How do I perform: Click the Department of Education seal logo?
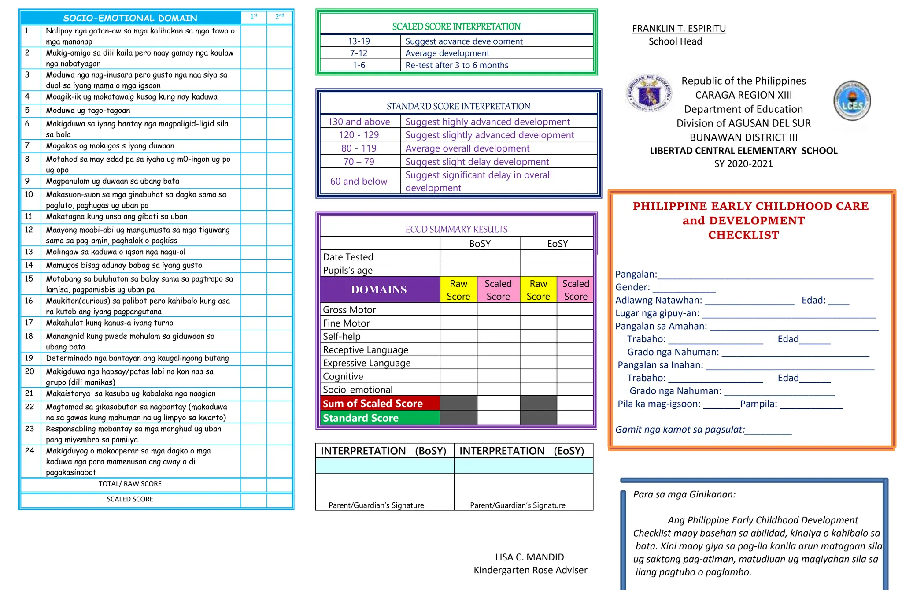[649, 93]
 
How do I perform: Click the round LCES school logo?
[852, 101]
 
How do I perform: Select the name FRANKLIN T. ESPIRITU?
[679, 29]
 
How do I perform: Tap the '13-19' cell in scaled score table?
[359, 41]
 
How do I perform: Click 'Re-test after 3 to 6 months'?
[456, 65]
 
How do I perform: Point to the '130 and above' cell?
[359, 122]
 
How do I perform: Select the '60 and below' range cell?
[359, 181]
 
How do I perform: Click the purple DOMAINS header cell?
[379, 289]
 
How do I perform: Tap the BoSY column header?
[480, 244]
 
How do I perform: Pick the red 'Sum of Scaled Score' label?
[373, 403]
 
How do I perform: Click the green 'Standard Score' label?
[361, 418]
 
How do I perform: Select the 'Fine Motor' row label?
[346, 323]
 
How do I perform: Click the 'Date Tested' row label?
[348, 257]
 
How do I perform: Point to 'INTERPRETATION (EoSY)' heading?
[522, 451]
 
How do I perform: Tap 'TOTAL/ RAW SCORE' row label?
[130, 484]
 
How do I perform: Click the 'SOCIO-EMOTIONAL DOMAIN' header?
[130, 18]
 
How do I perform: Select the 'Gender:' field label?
[632, 287]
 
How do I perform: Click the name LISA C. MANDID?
[529, 557]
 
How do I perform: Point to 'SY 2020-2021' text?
[743, 164]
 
